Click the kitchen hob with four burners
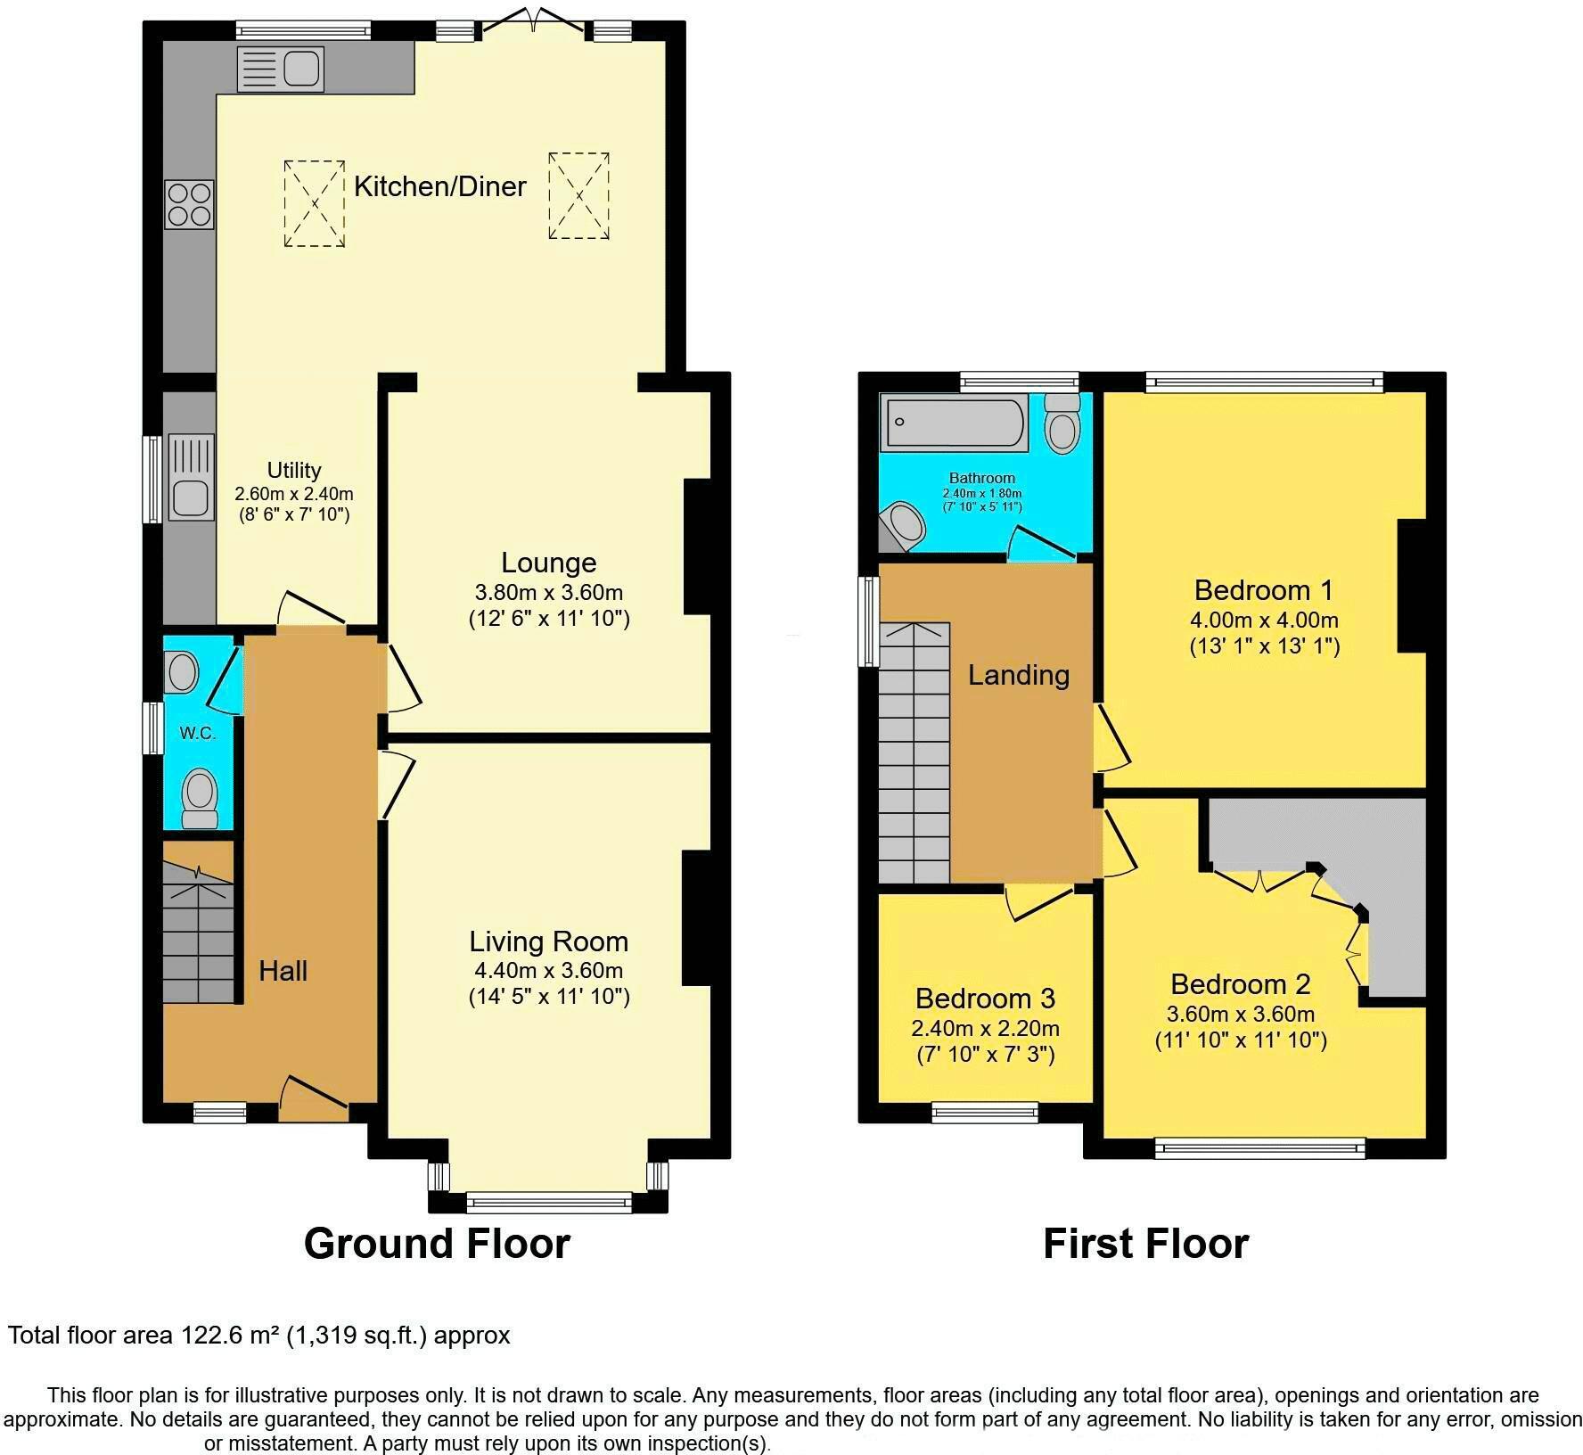coord(189,204)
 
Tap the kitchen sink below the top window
coord(280,70)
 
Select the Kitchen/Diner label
coord(439,186)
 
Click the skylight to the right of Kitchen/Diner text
coord(578,195)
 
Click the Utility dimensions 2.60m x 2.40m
coord(294,493)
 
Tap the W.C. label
coord(198,733)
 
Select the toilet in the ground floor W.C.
coord(200,798)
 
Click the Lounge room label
coord(548,563)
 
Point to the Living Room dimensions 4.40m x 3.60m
coord(548,971)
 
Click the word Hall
coord(283,971)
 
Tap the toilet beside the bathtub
coord(1062,423)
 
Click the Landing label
coord(1018,675)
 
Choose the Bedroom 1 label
coord(1263,590)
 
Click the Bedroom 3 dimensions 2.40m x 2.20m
coord(985,1028)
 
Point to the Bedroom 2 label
coord(1240,984)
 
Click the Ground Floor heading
coord(437,1243)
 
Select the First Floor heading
coord(1145,1243)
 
